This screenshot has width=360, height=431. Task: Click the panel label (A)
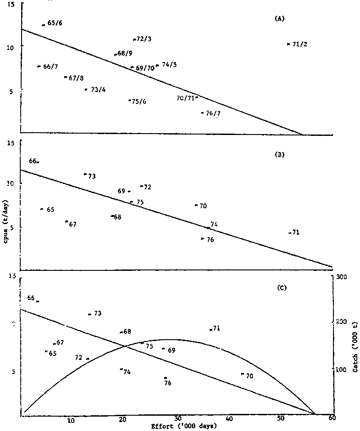(279, 19)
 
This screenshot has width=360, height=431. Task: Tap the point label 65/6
(54, 23)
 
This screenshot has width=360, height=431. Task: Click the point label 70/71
(185, 97)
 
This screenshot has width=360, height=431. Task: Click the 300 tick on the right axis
(341, 278)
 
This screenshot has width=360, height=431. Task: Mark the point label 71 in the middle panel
(295, 233)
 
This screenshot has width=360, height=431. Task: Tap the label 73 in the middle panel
(91, 176)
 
